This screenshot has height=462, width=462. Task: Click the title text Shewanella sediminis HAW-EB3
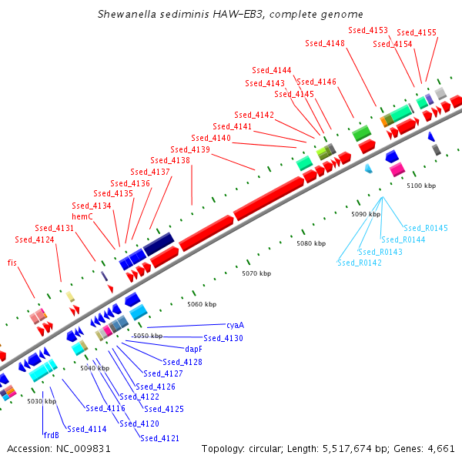click(231, 15)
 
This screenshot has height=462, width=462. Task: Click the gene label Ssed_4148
click(325, 43)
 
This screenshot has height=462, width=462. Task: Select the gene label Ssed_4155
click(417, 32)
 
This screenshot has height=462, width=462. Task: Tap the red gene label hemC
click(82, 217)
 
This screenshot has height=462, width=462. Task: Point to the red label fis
click(12, 263)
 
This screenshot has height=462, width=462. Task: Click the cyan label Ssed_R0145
click(426, 228)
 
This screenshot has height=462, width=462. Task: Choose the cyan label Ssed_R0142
click(359, 263)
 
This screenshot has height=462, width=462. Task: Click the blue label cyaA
click(235, 326)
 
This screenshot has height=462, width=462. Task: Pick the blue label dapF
click(193, 349)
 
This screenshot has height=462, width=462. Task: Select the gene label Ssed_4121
click(159, 437)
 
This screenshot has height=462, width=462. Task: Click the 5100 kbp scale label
click(421, 186)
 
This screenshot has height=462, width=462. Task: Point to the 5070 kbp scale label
click(256, 273)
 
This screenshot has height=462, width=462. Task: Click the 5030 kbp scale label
click(42, 401)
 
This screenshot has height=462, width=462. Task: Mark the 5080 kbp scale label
click(311, 243)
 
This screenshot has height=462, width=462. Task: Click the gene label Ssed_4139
click(190, 149)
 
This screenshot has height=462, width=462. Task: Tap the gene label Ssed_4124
click(34, 239)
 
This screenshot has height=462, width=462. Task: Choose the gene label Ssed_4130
click(223, 338)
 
